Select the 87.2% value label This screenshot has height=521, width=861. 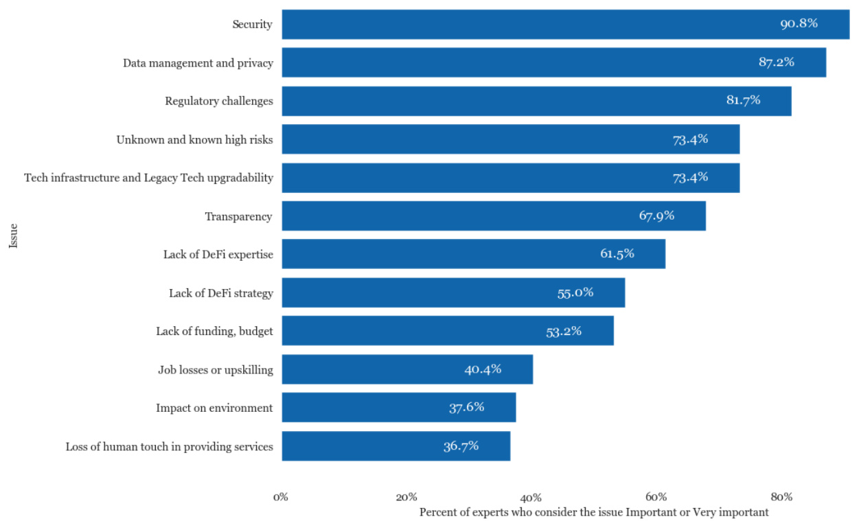coord(776,62)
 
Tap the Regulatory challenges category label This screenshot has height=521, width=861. coord(218,101)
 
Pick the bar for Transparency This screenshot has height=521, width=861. coord(493,216)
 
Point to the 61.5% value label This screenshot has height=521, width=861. coord(617,253)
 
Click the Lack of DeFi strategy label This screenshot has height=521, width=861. coord(220,293)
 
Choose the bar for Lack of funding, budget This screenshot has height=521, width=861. coord(447,331)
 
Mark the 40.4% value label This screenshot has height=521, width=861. coord(483,369)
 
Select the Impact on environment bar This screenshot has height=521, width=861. coord(398,407)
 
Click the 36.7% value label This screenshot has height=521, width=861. coord(461,445)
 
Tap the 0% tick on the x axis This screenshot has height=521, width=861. coord(279,497)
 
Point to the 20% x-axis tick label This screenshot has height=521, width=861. coord(406,497)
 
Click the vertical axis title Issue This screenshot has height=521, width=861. coord(13,235)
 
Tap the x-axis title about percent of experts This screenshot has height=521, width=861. coord(593,512)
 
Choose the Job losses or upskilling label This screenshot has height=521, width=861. coord(215,370)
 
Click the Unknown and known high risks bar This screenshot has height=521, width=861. coord(510,139)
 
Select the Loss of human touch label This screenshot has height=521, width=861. coord(169,447)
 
